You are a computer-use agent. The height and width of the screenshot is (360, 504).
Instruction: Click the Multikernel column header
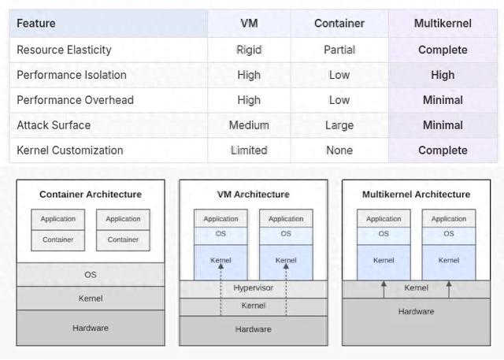coord(443,24)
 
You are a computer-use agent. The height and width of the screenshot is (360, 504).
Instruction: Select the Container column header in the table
coord(339,24)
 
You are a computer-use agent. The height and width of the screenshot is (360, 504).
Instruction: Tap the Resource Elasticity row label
coord(65,50)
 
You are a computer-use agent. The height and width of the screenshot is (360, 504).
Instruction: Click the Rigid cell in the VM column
coord(249,50)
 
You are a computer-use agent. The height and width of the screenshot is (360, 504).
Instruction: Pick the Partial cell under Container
coord(339,50)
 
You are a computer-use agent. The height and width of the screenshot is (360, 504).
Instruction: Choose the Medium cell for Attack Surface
coord(249,125)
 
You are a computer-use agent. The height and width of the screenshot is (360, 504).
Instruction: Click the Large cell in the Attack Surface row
coord(339,125)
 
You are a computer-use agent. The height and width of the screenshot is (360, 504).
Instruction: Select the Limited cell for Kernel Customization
coord(249,150)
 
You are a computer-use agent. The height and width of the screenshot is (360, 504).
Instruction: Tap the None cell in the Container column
coord(339,150)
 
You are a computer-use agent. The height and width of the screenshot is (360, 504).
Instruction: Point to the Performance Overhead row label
coord(76,100)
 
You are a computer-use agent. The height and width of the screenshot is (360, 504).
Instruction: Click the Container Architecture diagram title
coord(91,195)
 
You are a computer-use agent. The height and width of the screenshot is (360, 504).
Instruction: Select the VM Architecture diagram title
coord(254,195)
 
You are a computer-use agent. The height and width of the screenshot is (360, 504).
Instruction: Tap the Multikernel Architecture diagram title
coord(416,195)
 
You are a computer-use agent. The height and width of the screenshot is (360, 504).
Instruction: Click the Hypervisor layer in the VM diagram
coord(254,288)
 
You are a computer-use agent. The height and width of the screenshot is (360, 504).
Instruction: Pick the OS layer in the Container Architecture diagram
coord(91,275)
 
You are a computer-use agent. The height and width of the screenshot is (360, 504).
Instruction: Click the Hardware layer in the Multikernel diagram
coord(416,312)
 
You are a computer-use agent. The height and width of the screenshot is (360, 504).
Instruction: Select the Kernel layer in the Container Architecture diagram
coord(91,299)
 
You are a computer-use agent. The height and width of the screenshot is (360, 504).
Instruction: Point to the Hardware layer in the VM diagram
coord(254,329)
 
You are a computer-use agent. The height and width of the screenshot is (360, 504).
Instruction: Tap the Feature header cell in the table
coord(36,24)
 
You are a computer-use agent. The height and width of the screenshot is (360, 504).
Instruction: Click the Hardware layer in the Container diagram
coord(91,328)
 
